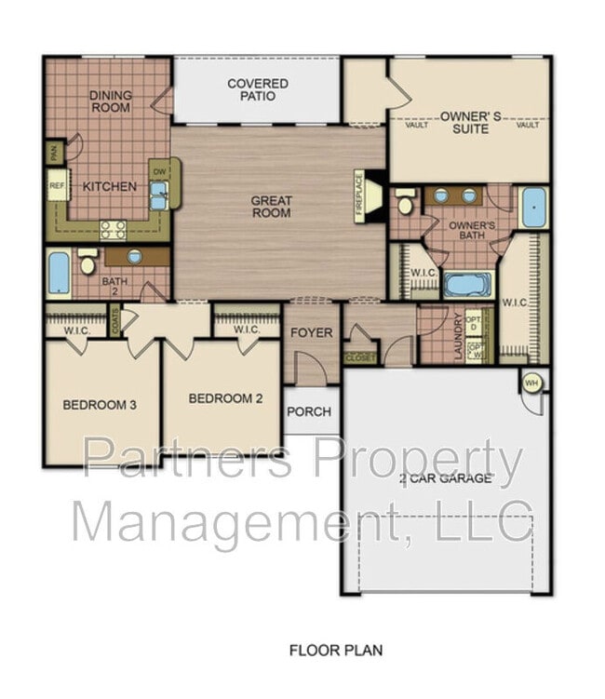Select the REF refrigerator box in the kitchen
(57, 185)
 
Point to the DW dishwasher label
(158, 171)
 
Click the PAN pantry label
(55, 153)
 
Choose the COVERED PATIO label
(258, 89)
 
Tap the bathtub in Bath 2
(59, 273)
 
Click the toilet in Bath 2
(88, 262)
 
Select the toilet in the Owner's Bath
(406, 201)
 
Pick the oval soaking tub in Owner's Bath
(467, 284)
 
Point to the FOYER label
(311, 332)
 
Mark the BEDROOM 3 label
(101, 405)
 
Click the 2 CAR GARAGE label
(445, 478)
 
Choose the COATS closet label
(115, 322)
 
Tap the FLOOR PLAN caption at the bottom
(335, 650)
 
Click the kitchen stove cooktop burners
(114, 229)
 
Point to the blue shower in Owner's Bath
(533, 208)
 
